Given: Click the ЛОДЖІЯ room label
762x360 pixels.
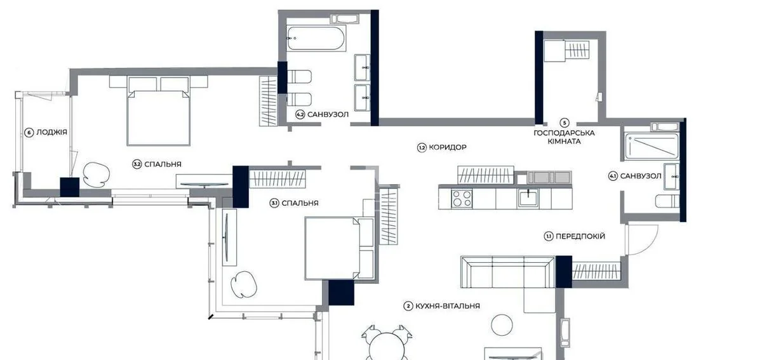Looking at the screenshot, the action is point(51,132).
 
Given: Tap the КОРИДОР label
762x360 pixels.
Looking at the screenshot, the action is point(447,147).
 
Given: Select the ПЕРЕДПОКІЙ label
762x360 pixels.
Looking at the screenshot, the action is point(580,236).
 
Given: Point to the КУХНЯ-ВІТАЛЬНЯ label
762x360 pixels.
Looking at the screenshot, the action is point(447,306).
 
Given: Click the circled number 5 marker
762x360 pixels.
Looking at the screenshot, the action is point(565,123).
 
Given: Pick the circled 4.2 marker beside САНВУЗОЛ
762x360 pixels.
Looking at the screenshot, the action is point(300,115).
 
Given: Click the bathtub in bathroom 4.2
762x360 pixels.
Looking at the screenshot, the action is point(316,38).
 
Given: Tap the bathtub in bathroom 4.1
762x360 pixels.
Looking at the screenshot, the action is point(652,147).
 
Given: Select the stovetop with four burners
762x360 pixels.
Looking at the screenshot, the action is point(462,198).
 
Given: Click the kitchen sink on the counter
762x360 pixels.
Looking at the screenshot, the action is point(528,198).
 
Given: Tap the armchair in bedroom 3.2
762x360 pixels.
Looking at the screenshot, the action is point(97,175).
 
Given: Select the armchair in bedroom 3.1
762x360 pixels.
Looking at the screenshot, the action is point(244,284).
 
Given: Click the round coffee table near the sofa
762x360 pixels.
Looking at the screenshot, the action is point(502,324).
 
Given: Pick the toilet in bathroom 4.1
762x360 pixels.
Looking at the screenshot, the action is point(667,201).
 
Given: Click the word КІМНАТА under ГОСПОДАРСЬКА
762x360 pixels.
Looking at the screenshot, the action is point(564,141).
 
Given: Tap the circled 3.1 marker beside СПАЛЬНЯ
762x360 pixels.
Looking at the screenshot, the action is point(274,203).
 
